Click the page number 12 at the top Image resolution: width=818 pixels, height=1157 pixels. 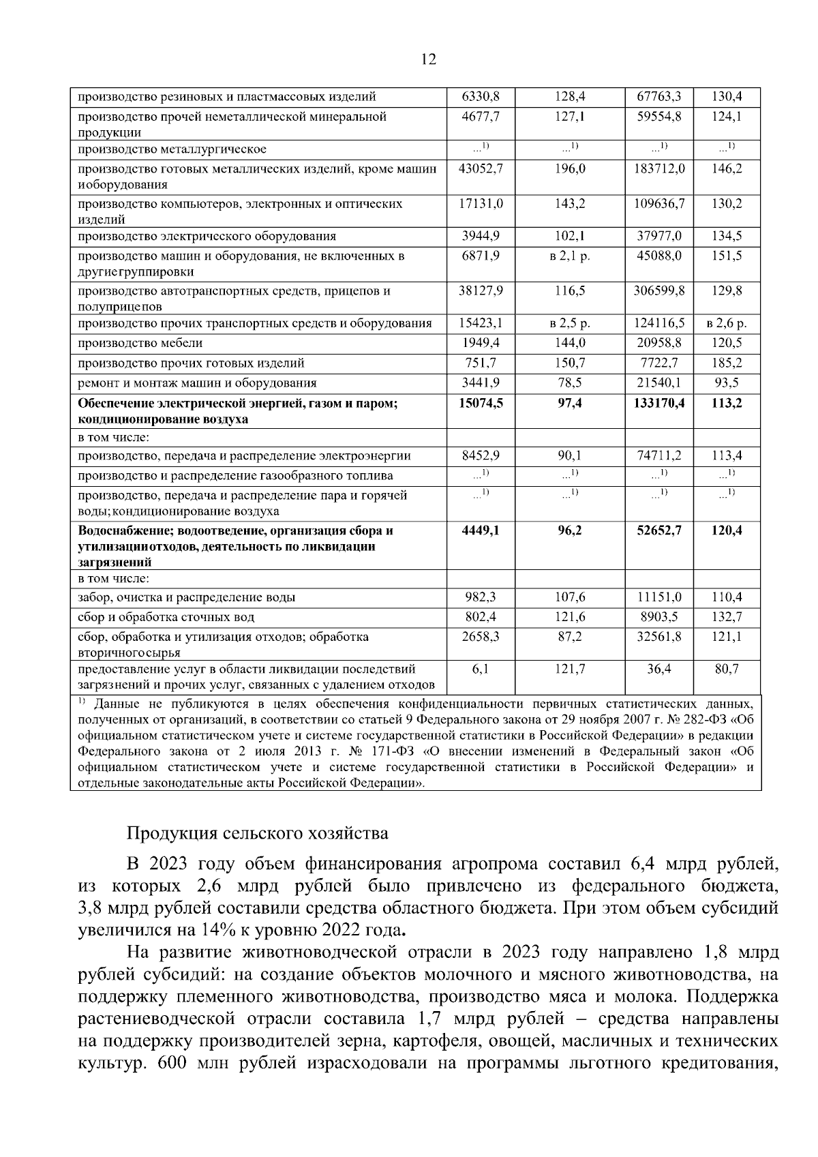click(x=429, y=59)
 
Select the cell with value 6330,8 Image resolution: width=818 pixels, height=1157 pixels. click(x=481, y=97)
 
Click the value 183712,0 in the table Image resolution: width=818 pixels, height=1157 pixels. click(x=659, y=168)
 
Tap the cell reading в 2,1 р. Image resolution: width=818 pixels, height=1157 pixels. click(x=570, y=256)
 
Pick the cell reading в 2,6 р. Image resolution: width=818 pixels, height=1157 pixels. click(x=727, y=323)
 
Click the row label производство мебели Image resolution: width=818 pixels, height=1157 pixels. click(x=140, y=343)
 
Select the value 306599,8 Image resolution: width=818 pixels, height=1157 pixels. click(x=659, y=290)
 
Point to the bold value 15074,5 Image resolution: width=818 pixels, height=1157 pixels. click(x=481, y=403)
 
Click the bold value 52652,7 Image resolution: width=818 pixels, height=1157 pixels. click(x=659, y=530)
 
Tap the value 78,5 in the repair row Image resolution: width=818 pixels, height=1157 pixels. click(x=570, y=383)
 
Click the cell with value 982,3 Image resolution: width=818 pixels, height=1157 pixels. click(x=481, y=597)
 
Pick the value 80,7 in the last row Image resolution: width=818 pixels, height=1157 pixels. click(x=727, y=670)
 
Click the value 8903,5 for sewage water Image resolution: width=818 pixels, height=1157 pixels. click(x=659, y=617)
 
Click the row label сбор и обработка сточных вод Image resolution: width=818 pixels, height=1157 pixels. click(x=166, y=617)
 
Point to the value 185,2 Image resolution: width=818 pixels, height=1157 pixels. click(x=727, y=363)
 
